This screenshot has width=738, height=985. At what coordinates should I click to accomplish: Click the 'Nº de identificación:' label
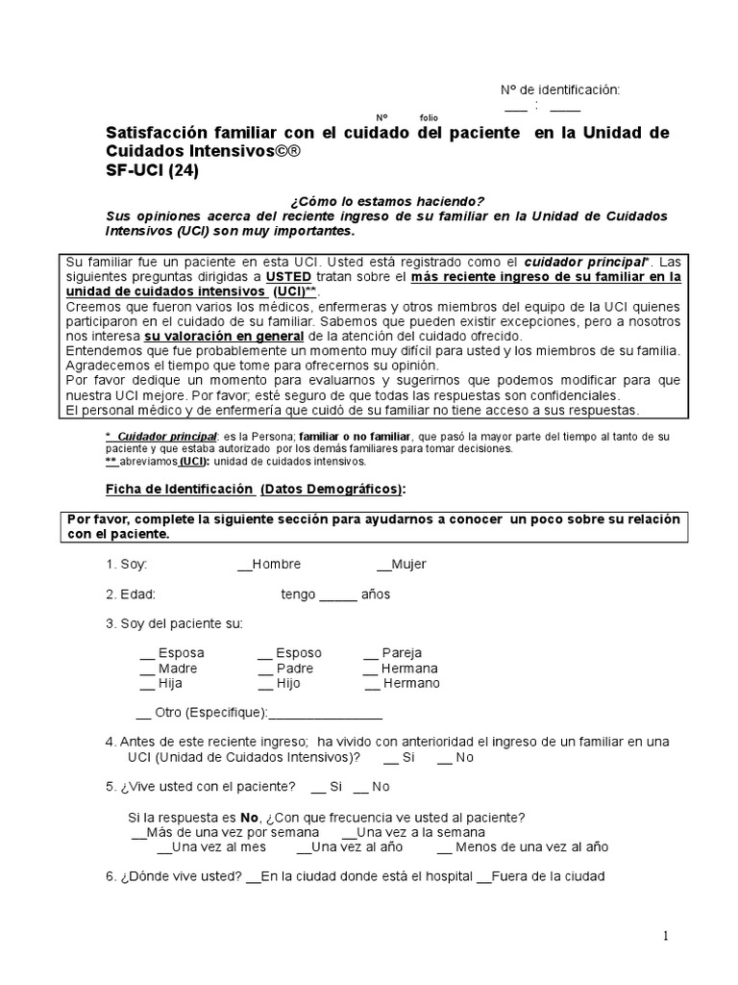click(560, 89)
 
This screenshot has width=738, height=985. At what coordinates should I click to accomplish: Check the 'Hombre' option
click(270, 565)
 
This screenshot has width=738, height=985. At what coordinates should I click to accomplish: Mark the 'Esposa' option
click(172, 653)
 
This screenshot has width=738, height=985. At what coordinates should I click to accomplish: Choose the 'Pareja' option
click(393, 653)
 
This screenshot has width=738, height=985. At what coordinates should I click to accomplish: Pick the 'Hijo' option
click(280, 683)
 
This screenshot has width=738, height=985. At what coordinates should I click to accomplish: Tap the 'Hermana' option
click(401, 669)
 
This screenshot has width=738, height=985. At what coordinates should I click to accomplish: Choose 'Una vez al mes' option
click(211, 847)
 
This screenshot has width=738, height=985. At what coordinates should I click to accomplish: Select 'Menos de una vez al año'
click(523, 847)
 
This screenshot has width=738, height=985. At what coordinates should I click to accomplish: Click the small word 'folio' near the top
click(429, 117)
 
